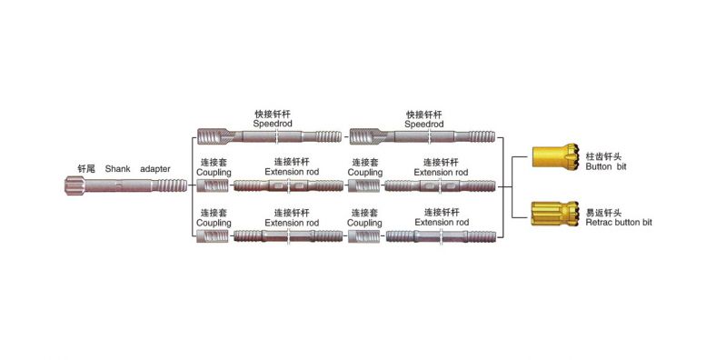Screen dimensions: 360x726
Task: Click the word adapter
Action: (155, 169)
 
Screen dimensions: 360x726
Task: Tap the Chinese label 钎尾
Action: (86, 169)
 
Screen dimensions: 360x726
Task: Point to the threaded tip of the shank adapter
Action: (174, 185)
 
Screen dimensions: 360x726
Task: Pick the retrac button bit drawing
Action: (553, 215)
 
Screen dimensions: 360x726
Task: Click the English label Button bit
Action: (609, 168)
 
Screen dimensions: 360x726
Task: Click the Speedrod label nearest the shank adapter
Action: (273, 124)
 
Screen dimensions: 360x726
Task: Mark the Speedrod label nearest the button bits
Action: (423, 124)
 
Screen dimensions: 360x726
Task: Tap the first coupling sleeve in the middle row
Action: (214, 185)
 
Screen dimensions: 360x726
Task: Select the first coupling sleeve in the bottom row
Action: (214, 235)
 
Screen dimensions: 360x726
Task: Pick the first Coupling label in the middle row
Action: (214, 172)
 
